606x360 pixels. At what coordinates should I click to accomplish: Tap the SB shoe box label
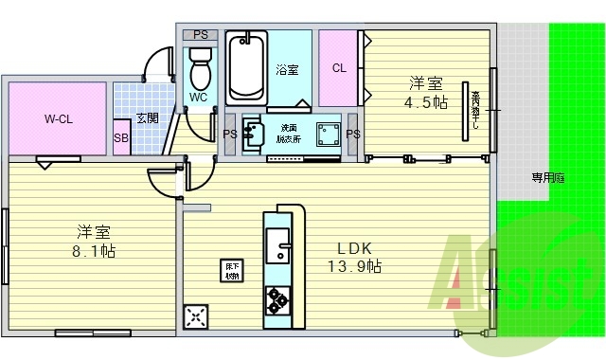click(x=121, y=137)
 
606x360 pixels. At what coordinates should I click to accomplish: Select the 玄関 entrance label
click(x=146, y=117)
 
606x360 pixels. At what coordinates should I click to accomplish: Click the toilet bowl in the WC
click(x=200, y=69)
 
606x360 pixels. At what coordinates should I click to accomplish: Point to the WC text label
click(x=199, y=96)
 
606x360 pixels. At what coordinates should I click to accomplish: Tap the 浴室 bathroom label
click(x=287, y=70)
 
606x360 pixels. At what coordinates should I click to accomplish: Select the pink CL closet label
click(x=338, y=68)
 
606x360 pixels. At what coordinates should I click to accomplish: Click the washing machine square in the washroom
click(x=330, y=133)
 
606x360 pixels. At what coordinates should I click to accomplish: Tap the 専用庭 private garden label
click(x=547, y=177)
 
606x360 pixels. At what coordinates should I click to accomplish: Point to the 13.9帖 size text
click(x=353, y=267)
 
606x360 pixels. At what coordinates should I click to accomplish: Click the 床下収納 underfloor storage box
click(x=231, y=270)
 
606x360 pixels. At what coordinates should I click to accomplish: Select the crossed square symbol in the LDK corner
click(x=197, y=315)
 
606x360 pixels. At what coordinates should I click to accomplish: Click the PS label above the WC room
click(x=200, y=35)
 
